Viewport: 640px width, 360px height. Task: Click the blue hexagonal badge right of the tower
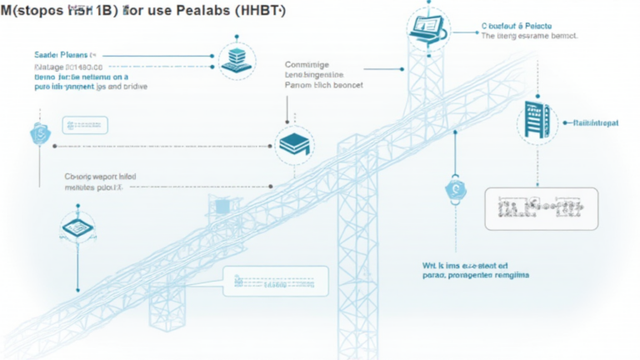[x=455, y=189]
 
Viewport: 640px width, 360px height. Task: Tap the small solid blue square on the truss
[x=222, y=205]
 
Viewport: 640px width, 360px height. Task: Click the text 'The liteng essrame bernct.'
[x=530, y=37]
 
